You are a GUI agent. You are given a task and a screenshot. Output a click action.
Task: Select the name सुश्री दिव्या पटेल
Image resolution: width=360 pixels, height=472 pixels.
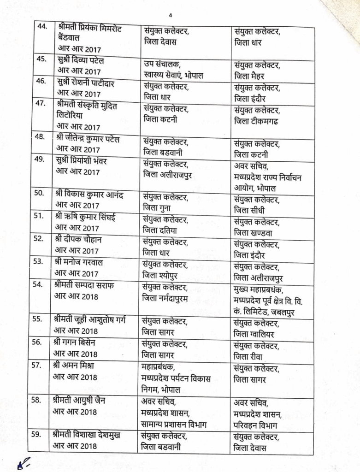(x=80, y=61)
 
